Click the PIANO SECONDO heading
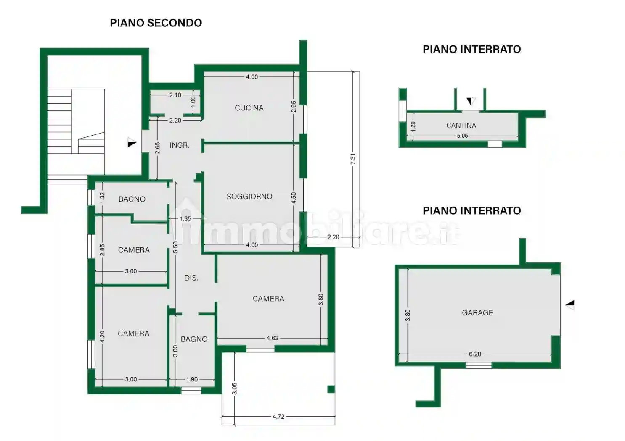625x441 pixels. point(156,23)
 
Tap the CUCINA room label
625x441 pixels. point(249,108)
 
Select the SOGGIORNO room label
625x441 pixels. point(249,196)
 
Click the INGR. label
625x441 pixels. point(179,145)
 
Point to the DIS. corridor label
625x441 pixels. point(191,278)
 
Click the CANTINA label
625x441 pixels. point(461,126)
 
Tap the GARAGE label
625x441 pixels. point(477,312)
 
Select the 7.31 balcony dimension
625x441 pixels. point(353,159)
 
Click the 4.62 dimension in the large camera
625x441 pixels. point(272,338)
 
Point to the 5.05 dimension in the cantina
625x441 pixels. point(462,136)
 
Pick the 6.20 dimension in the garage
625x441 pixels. point(475,354)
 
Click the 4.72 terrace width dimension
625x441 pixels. point(278,417)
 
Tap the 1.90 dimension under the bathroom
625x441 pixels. point(192,379)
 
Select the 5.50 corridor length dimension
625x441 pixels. point(176,247)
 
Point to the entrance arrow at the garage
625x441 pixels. point(570,305)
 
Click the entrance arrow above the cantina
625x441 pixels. point(471,101)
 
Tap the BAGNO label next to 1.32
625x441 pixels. point(132,199)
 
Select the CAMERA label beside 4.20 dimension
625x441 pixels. point(133,333)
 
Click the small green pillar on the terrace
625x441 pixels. point(331,389)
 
